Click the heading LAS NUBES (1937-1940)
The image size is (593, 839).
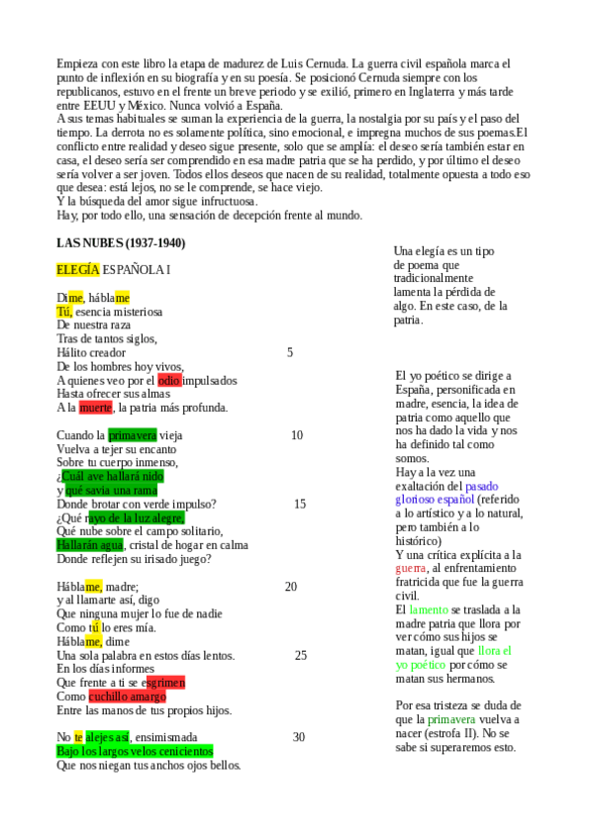tap(121, 243)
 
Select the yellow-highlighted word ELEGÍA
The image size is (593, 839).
tap(78, 269)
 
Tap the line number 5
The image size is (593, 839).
tap(290, 352)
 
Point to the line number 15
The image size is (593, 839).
tap(300, 504)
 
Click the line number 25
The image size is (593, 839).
tap(301, 655)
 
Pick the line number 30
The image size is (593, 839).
tap(299, 737)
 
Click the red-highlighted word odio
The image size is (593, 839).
tap(169, 380)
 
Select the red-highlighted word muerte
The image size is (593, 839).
tap(96, 408)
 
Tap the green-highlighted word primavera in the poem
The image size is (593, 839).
tap(133, 435)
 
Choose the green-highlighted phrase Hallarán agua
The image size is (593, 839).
tap(90, 544)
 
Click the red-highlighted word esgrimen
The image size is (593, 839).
tap(164, 683)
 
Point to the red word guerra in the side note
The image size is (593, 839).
tap(411, 569)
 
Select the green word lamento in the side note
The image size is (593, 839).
tap(429, 610)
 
